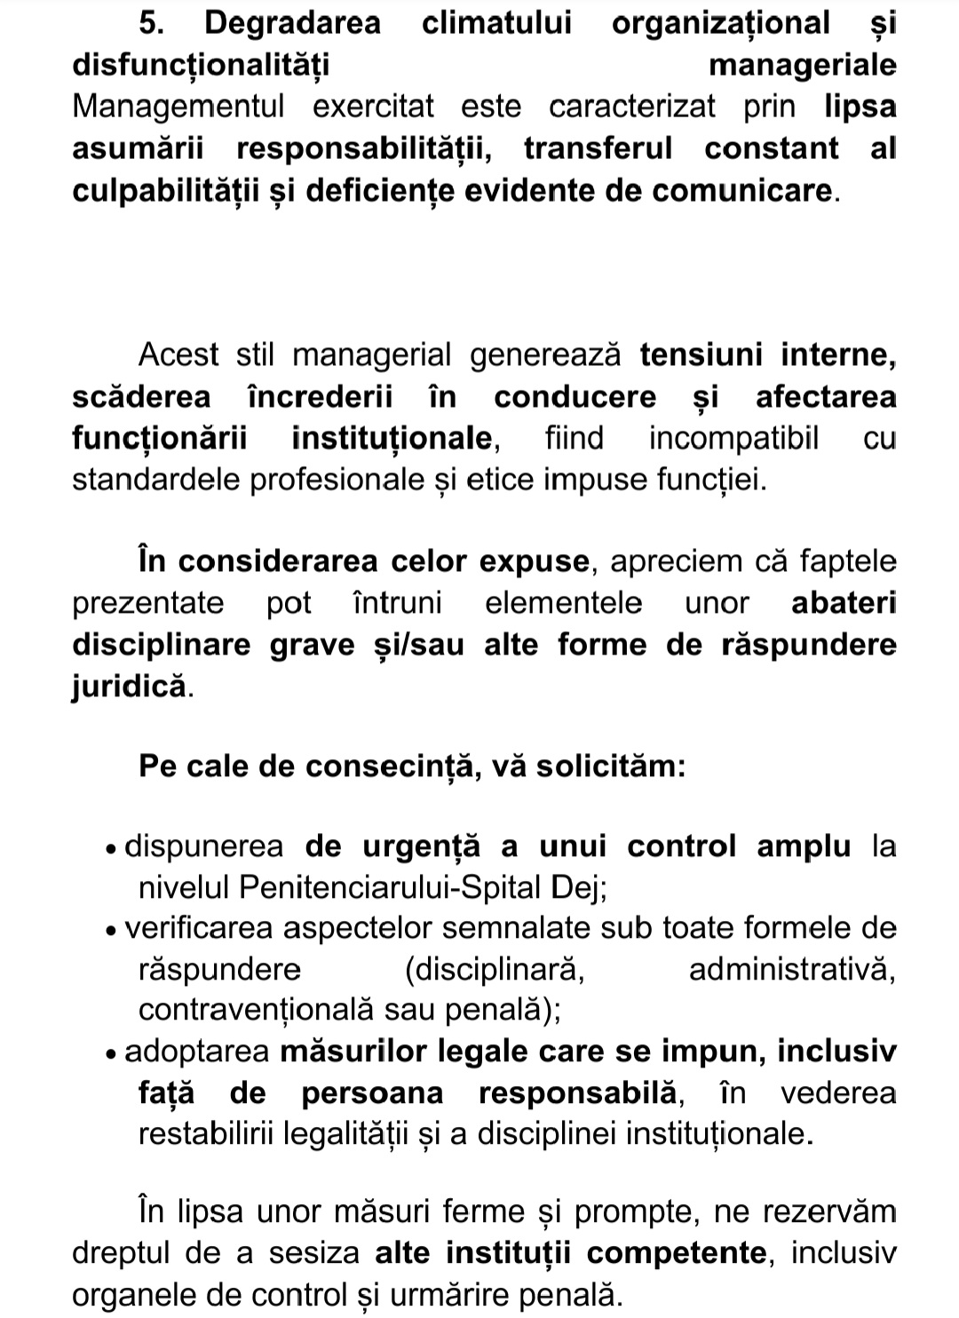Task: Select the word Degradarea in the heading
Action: tap(292, 24)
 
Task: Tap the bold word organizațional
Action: tap(720, 24)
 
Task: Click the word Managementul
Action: tap(178, 107)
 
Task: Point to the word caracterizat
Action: tap(632, 107)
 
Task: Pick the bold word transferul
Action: tap(598, 148)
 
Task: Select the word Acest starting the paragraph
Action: tap(178, 355)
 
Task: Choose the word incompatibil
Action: tap(734, 439)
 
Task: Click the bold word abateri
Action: tap(844, 603)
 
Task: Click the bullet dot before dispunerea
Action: tap(110, 849)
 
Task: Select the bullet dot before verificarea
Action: tap(110, 932)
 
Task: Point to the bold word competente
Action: tap(677, 1253)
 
